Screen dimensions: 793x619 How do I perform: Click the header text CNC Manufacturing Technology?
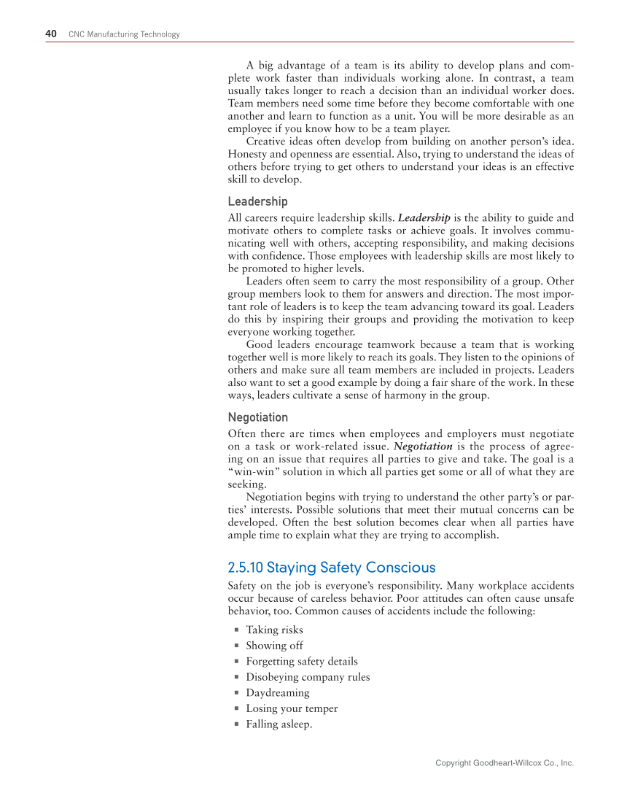(x=124, y=34)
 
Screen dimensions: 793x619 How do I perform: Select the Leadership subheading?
(x=257, y=201)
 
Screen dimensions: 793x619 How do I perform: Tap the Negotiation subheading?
(x=257, y=417)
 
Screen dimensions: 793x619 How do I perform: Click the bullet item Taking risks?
(x=274, y=630)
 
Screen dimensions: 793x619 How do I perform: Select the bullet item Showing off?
(x=274, y=646)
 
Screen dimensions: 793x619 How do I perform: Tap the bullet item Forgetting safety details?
(x=301, y=661)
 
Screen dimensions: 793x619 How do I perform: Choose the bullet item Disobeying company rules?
(x=308, y=677)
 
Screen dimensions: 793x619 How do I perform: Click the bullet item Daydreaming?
(x=277, y=692)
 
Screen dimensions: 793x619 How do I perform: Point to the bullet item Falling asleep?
(x=279, y=724)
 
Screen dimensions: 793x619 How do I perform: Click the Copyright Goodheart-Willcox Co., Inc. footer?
(x=505, y=763)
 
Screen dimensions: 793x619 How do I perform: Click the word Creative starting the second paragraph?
(x=265, y=140)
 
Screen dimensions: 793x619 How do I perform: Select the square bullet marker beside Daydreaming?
(x=237, y=693)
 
